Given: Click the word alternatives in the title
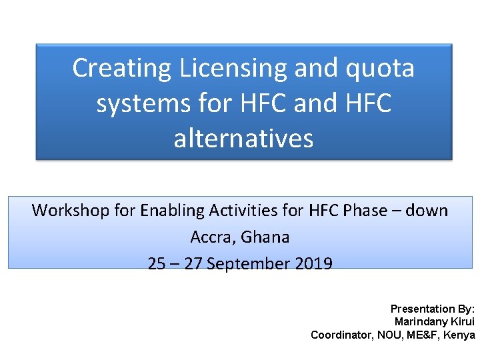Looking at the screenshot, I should pyautogui.click(x=243, y=139).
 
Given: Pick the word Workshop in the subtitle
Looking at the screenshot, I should pyautogui.click(x=71, y=211).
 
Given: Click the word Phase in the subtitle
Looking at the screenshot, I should pyautogui.click(x=365, y=211).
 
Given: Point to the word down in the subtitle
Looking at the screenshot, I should pyautogui.click(x=427, y=211).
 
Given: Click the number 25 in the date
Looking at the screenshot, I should pyautogui.click(x=157, y=264).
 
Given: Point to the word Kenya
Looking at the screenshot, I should pyautogui.click(x=461, y=335).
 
